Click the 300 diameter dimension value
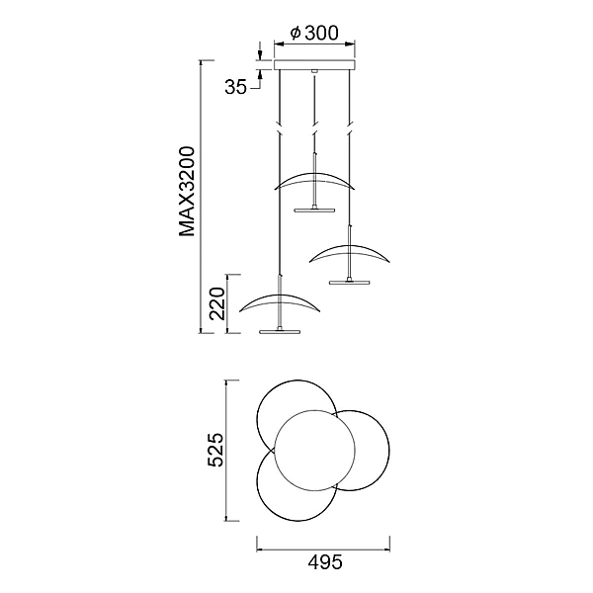[321, 33]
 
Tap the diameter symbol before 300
[296, 33]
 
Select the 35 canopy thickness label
[235, 87]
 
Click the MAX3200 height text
[187, 192]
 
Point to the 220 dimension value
[217, 303]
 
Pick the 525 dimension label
[216, 450]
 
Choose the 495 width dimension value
[325, 562]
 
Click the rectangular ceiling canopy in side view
[314, 64]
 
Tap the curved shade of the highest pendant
[314, 180]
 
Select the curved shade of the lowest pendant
[280, 301]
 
